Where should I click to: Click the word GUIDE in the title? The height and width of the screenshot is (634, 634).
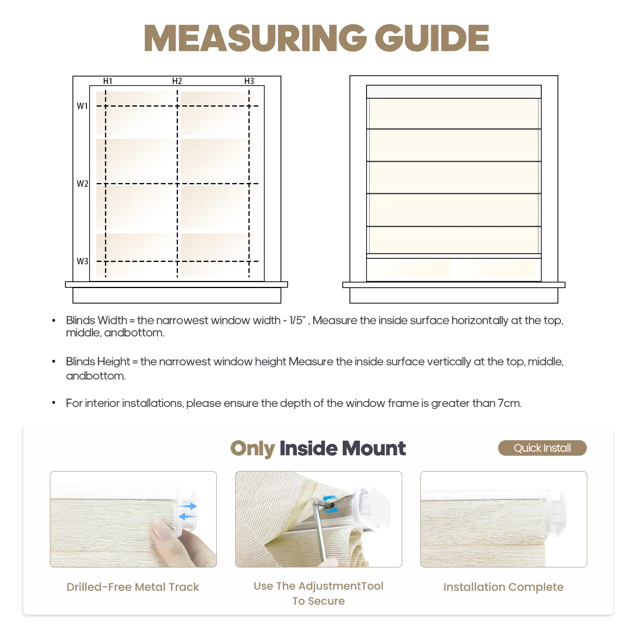[432, 38]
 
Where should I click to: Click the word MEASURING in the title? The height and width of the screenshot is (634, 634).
[255, 38]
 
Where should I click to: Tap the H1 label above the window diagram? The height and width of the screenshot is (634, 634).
[108, 81]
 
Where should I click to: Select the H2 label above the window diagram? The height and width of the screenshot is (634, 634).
[177, 81]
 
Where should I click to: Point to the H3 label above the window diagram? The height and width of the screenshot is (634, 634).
[249, 81]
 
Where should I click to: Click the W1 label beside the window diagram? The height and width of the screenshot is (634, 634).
[82, 106]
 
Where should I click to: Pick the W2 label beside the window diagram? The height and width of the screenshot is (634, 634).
[82, 183]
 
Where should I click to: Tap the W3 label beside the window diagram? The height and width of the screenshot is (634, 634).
[82, 261]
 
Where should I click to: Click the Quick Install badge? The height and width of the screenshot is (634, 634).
[542, 448]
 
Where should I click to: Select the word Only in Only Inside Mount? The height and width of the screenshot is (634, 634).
[253, 449]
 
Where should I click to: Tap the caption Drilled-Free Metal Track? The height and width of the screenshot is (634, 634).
[133, 587]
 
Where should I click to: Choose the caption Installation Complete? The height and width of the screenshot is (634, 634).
[503, 587]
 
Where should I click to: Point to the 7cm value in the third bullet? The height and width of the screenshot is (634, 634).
[510, 403]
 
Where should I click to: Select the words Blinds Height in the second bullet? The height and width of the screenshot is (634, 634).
[98, 361]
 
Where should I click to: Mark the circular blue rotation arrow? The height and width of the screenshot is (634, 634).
[330, 504]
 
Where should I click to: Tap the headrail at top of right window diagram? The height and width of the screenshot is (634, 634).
[454, 92]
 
